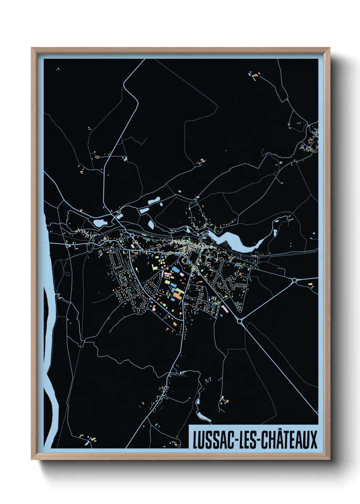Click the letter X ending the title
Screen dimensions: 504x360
point(313,440)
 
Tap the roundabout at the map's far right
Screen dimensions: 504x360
point(294,280)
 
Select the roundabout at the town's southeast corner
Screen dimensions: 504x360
point(240,320)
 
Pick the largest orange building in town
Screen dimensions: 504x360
point(177,293)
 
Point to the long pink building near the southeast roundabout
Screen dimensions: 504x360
point(225,309)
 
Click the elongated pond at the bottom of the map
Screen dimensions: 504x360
point(203,416)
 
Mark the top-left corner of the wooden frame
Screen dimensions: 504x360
point(32,48)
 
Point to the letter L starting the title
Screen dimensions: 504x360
point(196,440)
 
